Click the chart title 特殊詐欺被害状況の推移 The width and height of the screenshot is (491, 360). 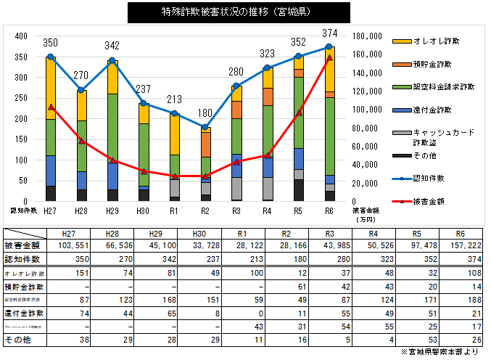238,12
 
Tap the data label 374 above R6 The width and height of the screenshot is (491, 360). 330,33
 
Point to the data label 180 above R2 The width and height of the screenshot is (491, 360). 206,112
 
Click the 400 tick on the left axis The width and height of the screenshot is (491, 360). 20,36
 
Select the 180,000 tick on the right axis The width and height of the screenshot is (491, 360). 366,36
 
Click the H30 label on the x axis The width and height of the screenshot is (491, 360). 144,210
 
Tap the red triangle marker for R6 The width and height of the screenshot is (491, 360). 329,57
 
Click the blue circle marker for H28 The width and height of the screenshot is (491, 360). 81,90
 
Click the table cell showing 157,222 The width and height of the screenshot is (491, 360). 459,245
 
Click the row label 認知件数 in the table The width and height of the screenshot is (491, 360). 22,258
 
